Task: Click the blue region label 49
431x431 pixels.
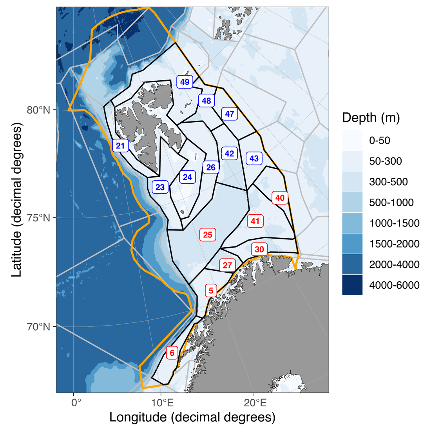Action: click(x=185, y=82)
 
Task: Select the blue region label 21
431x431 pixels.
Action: click(x=120, y=146)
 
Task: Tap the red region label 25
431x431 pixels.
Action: click(x=208, y=235)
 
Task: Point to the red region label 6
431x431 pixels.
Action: click(x=172, y=353)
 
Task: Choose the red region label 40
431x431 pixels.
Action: click(x=280, y=198)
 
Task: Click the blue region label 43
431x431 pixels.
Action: click(x=254, y=158)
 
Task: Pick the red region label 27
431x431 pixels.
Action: click(x=227, y=265)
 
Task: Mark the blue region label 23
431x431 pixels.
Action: click(x=160, y=187)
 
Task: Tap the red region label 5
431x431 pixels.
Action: click(x=211, y=290)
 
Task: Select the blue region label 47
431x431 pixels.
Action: click(x=230, y=114)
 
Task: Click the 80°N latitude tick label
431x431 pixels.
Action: click(x=38, y=110)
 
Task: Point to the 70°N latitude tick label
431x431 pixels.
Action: click(x=38, y=326)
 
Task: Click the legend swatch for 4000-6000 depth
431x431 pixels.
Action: click(x=352, y=285)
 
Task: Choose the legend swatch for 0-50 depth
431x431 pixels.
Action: click(x=352, y=140)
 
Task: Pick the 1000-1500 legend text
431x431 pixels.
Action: click(x=394, y=223)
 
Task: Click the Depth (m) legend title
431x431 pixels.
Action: click(x=371, y=118)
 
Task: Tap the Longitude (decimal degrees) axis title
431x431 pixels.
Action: click(x=192, y=417)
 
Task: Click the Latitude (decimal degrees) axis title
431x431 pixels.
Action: click(x=16, y=200)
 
